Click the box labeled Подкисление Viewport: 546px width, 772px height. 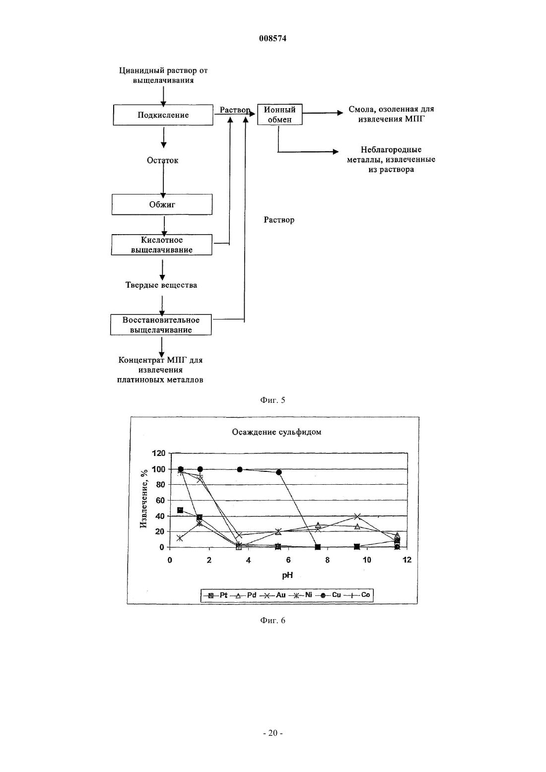[x=163, y=115]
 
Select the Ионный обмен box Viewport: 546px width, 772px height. [x=280, y=115]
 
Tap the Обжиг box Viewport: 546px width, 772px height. [x=162, y=204]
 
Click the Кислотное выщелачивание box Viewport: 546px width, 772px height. [x=162, y=245]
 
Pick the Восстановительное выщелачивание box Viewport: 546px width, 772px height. [x=161, y=324]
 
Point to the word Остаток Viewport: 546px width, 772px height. [x=163, y=160]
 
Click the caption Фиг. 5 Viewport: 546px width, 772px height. [x=273, y=400]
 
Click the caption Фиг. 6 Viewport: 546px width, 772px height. [x=273, y=620]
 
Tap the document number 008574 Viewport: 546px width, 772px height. [x=273, y=38]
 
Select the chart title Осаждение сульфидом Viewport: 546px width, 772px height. [x=276, y=432]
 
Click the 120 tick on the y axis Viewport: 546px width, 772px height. [x=159, y=453]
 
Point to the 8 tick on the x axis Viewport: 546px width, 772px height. [x=328, y=560]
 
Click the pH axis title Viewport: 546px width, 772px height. [x=287, y=575]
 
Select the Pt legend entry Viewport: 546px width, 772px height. [x=215, y=595]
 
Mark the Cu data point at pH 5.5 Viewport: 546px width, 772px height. [x=279, y=472]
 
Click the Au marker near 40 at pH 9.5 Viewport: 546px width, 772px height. [x=357, y=516]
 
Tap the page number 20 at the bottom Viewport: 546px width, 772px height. [x=273, y=733]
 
